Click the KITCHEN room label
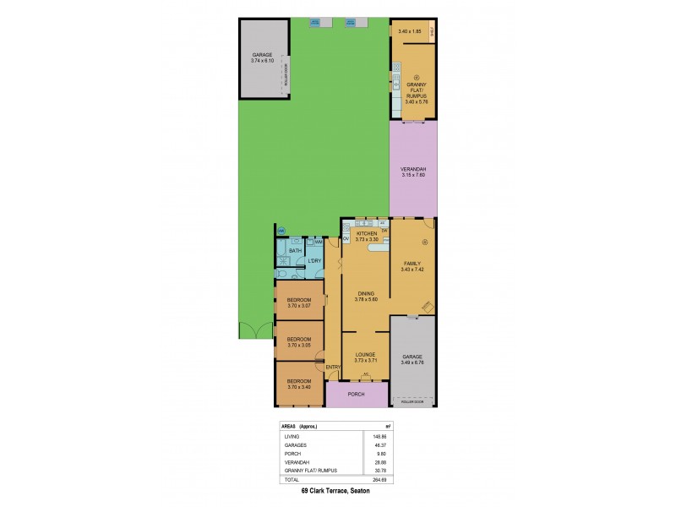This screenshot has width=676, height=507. [x=366, y=233]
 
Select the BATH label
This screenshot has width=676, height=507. [x=295, y=251]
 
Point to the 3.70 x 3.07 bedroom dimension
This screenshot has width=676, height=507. [x=299, y=306]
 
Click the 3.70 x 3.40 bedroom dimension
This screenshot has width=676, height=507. [x=299, y=387]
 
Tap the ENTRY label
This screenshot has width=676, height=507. [x=332, y=367]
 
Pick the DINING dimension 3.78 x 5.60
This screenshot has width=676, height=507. [x=366, y=299]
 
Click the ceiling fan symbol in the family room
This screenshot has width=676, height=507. [x=426, y=243]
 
